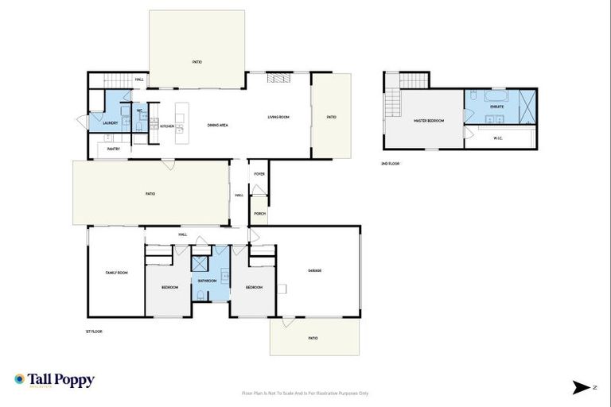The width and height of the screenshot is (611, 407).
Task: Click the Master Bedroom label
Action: tap(428, 120)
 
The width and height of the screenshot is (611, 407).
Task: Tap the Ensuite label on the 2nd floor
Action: tap(497, 107)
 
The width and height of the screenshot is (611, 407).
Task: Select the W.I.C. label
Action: tap(498, 138)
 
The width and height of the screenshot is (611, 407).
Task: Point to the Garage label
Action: tap(314, 270)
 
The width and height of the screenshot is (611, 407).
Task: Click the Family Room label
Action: tap(117, 273)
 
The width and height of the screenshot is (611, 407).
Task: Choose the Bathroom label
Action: tap(208, 281)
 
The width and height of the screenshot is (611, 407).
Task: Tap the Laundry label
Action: tap(111, 123)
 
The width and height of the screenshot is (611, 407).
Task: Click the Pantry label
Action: tap(113, 149)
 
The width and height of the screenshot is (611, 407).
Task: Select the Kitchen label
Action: tap(167, 126)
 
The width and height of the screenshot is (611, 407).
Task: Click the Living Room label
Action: tap(278, 118)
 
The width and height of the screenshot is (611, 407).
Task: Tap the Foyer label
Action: tap(259, 173)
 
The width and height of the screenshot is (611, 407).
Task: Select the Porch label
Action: tap(259, 213)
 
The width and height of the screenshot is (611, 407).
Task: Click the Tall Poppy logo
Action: tap(54, 380)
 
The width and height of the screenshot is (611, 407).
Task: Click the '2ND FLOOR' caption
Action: tap(391, 163)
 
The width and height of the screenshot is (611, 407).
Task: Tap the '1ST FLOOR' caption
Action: tap(95, 331)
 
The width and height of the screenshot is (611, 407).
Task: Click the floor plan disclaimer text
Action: tap(305, 393)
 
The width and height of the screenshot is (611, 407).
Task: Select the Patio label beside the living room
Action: tap(331, 118)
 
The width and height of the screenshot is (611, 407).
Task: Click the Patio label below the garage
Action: tap(313, 338)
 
